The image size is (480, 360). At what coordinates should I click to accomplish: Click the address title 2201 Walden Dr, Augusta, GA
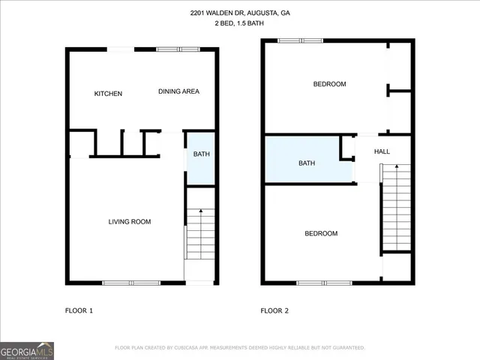click(240, 13)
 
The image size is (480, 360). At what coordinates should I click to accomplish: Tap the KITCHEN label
click(108, 94)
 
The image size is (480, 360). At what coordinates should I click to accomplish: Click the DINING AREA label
click(178, 91)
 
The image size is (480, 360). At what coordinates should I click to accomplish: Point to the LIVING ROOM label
click(130, 221)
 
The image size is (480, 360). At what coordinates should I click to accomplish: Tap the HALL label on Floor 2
click(382, 151)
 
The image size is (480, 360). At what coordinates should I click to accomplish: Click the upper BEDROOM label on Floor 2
click(329, 84)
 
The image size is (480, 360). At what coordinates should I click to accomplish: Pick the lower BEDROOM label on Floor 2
click(321, 233)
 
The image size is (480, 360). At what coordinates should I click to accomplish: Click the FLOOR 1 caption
click(79, 310)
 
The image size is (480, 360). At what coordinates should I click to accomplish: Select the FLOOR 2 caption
click(274, 310)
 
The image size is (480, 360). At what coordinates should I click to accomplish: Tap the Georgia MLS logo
click(27, 350)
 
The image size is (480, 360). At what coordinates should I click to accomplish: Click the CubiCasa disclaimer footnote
click(240, 347)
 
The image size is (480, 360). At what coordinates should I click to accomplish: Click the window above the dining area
click(178, 49)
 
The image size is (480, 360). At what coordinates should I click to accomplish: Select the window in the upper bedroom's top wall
click(299, 40)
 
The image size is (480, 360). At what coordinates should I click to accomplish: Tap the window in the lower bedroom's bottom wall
click(325, 283)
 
